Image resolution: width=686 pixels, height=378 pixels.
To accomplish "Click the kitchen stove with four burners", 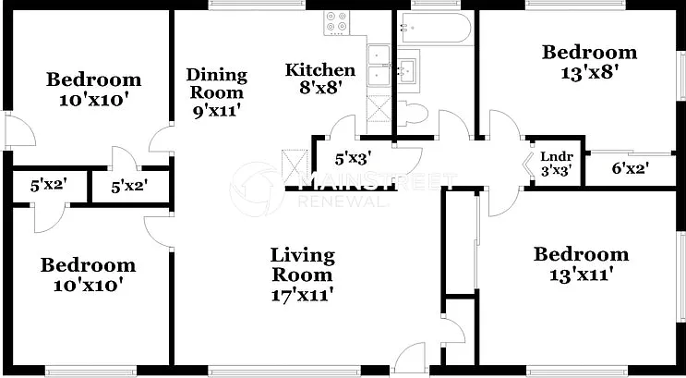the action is [x=337, y=23].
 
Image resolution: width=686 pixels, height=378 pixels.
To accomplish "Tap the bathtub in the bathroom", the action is [x=436, y=27].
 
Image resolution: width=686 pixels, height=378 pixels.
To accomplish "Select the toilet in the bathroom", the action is [x=411, y=114].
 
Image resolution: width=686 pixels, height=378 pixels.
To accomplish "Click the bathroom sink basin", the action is [x=407, y=70].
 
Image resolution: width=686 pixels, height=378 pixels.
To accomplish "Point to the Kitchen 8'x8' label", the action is [x=319, y=79].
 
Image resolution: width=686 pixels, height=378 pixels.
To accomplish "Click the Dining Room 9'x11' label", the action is [x=217, y=92].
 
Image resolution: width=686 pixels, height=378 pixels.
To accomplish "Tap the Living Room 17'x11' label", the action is [x=302, y=274].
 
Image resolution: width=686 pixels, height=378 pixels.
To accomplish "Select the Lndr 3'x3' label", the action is [x=557, y=163].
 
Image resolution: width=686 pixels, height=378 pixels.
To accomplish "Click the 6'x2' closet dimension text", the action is [x=630, y=168].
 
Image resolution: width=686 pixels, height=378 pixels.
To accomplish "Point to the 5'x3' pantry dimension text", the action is [x=353, y=159].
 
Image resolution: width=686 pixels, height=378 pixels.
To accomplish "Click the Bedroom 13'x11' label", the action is [x=581, y=265].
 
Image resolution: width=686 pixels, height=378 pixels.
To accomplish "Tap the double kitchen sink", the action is [x=379, y=66].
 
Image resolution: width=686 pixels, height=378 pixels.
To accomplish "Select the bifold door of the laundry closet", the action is [x=529, y=165].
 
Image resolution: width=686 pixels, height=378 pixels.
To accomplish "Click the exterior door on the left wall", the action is [x=20, y=129].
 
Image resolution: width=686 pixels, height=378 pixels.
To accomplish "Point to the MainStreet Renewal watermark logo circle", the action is [x=257, y=189].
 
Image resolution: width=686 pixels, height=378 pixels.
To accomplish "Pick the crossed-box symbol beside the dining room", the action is [x=294, y=165].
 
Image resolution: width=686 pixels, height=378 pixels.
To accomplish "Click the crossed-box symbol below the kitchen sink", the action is [x=379, y=108].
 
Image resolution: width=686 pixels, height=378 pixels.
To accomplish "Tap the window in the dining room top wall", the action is [x=257, y=5].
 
